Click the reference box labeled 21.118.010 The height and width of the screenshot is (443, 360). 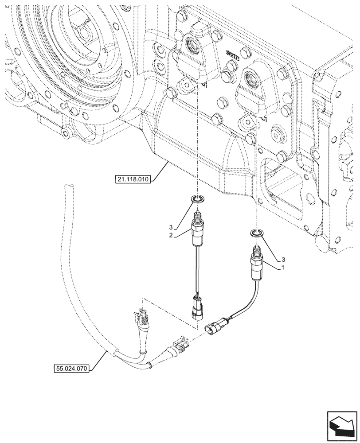point(133,179)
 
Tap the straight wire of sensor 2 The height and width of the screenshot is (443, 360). point(197,270)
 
